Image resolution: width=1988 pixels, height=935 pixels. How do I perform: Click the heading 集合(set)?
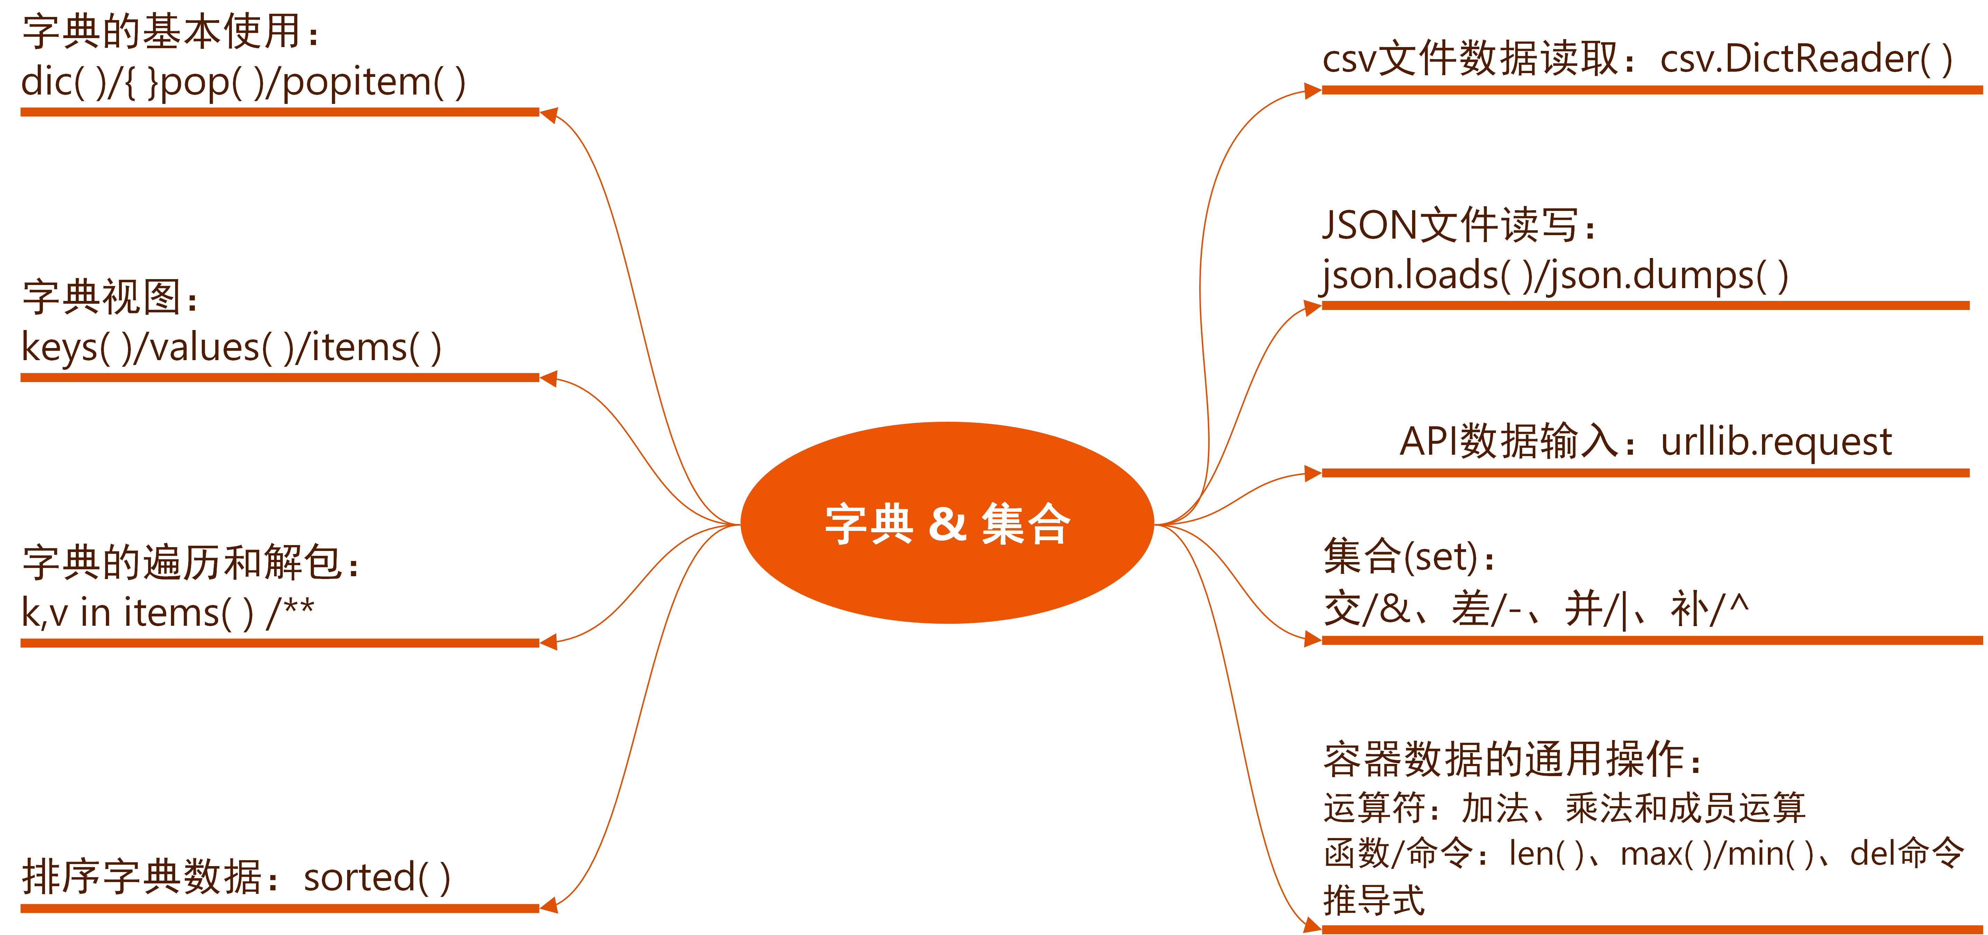pos(1408,557)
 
